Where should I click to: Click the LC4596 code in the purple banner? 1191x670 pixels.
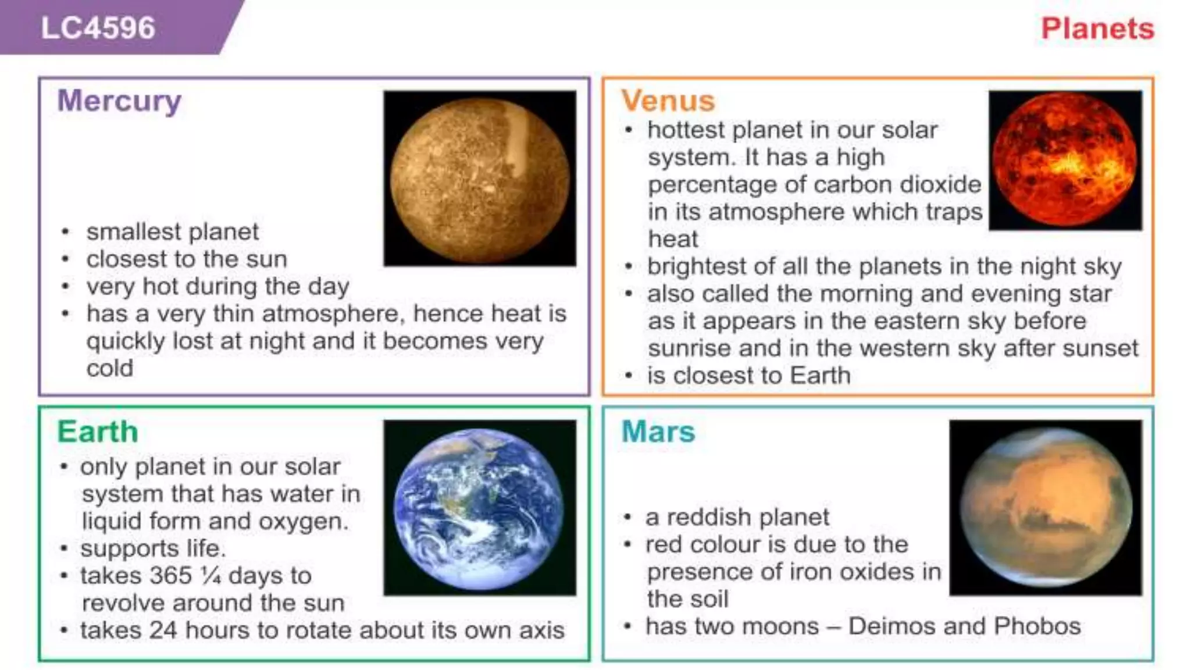98,28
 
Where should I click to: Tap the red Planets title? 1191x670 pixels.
1097,28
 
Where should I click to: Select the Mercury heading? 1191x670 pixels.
119,101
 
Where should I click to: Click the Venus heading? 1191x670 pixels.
668,101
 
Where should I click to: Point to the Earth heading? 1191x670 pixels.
98,432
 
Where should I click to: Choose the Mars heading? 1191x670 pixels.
658,432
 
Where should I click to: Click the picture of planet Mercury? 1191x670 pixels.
480,179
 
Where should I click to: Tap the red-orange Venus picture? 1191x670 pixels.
1065,160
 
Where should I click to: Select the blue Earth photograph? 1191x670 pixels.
480,508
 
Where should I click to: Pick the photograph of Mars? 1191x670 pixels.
1045,508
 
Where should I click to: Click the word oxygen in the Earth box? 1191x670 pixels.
302,522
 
